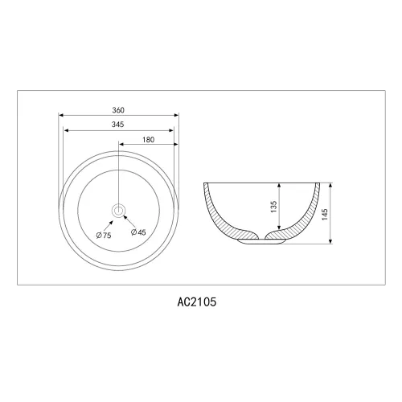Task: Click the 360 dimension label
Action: [118, 110]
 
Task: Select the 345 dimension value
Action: [117, 125]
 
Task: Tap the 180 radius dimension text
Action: [148, 140]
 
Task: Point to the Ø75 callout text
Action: [104, 236]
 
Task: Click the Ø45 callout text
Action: [138, 232]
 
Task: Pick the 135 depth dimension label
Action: [273, 207]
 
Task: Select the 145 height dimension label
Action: [325, 215]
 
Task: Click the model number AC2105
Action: [197, 302]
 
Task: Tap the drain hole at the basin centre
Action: [118, 211]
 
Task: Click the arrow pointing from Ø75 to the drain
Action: [109, 225]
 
